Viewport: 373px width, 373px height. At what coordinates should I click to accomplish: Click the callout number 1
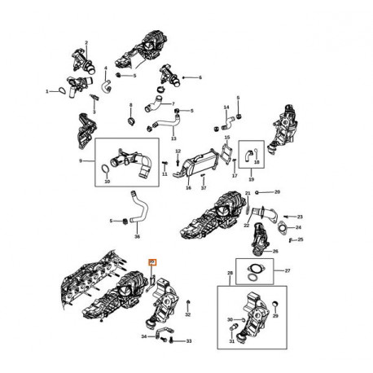[48, 90]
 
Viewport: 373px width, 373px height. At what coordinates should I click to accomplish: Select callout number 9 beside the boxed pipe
[80, 161]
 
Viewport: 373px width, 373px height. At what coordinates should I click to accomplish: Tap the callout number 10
[106, 182]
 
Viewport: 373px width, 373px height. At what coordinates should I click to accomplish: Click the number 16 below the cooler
[188, 187]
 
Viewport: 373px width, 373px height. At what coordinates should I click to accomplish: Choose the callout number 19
[251, 178]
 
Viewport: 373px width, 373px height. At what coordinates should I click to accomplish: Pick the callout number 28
[230, 273]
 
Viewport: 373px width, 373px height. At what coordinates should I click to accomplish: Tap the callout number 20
[277, 192]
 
